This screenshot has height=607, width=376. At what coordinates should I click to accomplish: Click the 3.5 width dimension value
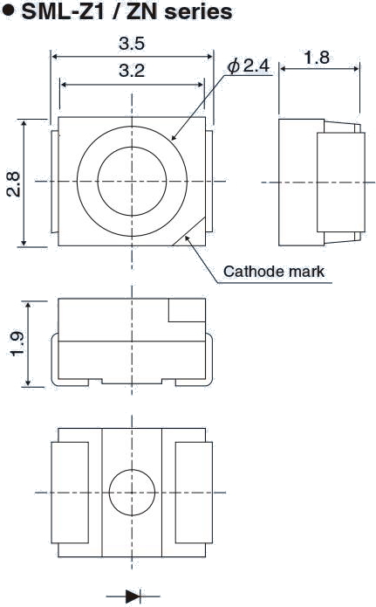click(132, 44)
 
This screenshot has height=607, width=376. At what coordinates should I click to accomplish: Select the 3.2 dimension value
click(132, 71)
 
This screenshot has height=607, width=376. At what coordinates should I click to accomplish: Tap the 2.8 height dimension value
click(14, 184)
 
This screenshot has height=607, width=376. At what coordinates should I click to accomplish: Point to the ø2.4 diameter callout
click(248, 66)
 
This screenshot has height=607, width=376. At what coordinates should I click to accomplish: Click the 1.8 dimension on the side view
click(317, 58)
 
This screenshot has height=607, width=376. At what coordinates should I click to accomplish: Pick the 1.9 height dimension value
click(17, 344)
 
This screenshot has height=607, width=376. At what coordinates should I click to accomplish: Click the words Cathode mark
click(274, 272)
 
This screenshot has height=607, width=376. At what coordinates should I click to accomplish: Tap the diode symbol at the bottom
click(133, 597)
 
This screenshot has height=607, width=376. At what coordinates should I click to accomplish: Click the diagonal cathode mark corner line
click(189, 231)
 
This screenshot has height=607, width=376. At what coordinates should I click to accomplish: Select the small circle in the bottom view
click(132, 493)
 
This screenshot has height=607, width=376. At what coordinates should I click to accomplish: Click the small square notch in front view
click(187, 310)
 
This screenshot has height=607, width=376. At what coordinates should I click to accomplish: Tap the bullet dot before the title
click(9, 10)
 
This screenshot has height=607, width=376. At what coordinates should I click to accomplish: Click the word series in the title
click(198, 11)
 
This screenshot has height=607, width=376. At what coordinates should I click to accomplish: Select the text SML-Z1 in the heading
click(64, 11)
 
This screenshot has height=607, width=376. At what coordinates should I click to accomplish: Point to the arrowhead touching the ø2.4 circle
click(174, 136)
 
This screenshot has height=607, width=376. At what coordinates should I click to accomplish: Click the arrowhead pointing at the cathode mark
click(188, 238)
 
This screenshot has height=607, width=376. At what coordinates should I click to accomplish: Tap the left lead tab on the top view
click(54, 182)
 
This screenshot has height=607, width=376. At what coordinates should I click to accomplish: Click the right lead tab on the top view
click(209, 182)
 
